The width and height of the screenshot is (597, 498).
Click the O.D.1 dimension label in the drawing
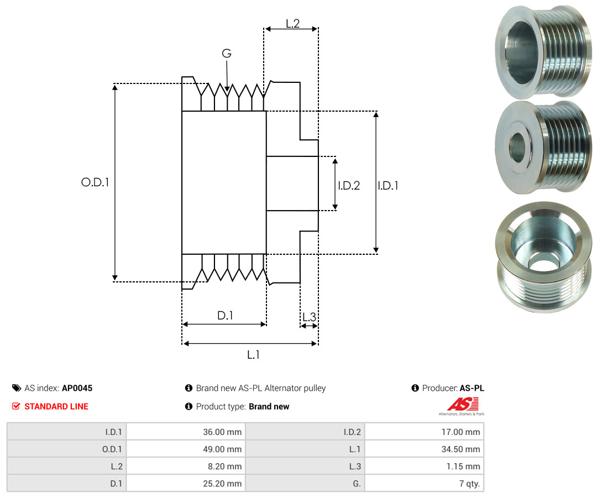tap(95, 182)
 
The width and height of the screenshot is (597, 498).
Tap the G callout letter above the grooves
tap(227, 54)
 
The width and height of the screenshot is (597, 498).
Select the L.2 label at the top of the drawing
tap(292, 24)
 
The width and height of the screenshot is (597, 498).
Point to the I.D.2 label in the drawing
tap(349, 186)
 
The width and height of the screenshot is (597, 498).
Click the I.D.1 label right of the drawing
tap(388, 186)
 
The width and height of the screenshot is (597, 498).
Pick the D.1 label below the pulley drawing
tap(225, 316)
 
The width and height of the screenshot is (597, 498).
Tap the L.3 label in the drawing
tap(309, 317)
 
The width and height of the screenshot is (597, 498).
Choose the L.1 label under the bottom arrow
tap(253, 355)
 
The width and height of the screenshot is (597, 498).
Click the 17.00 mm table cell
tap(463, 432)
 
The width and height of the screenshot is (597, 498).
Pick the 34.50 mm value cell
tap(463, 449)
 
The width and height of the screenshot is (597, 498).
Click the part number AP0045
tap(77, 388)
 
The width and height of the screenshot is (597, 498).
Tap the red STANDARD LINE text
tap(56, 406)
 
